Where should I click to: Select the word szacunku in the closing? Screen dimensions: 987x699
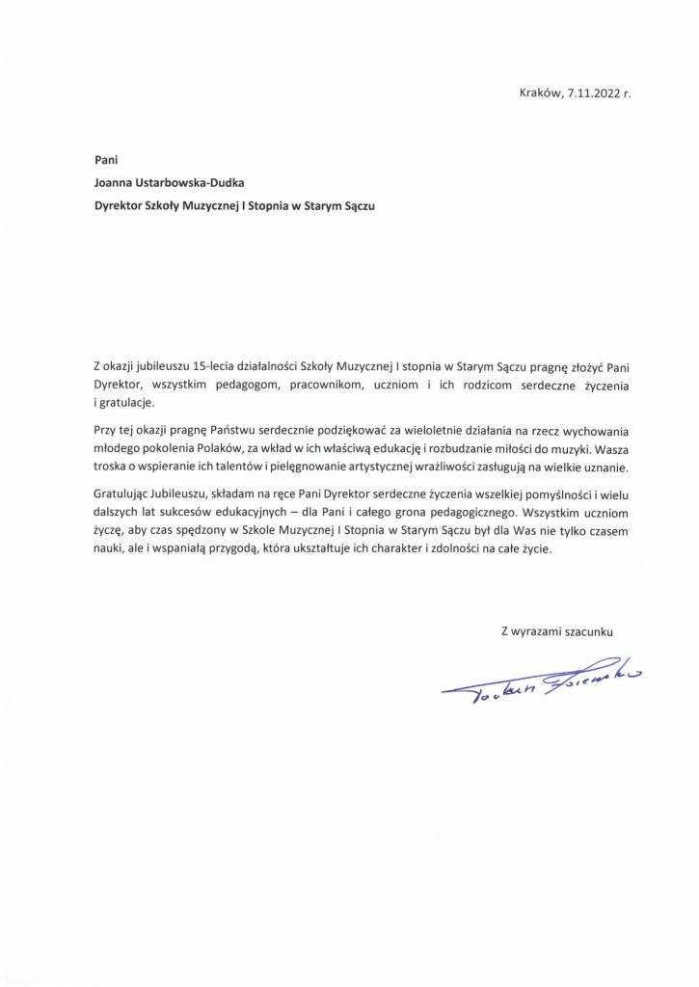[585, 632]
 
